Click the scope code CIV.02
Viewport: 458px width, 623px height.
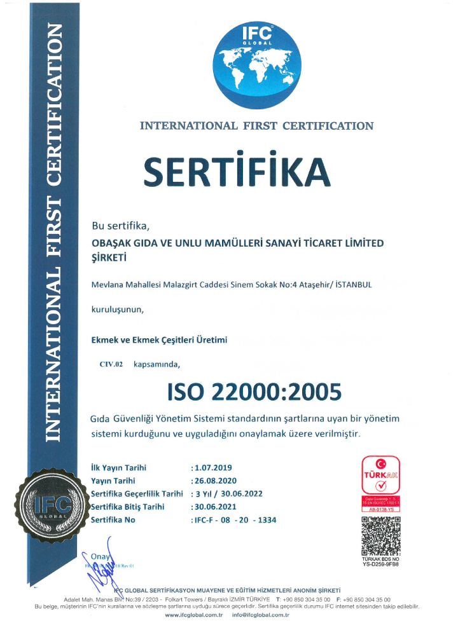[111, 364]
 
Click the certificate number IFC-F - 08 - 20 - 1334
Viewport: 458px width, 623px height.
[234, 520]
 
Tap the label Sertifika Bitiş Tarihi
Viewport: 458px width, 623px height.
[128, 507]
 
